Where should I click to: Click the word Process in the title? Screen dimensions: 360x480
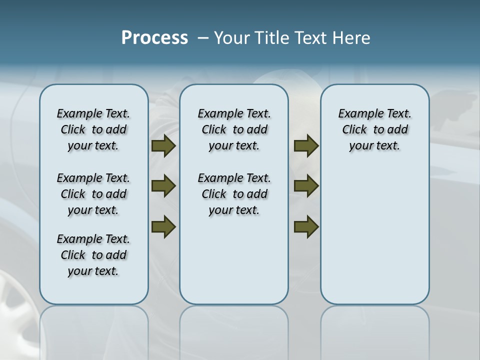(154, 37)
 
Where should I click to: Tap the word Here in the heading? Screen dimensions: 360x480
(352, 38)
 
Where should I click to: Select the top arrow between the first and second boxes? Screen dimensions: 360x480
(163, 145)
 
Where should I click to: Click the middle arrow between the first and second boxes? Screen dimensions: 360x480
(163, 186)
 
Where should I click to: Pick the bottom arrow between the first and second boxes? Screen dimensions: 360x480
(163, 226)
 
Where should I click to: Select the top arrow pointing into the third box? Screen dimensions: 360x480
(306, 145)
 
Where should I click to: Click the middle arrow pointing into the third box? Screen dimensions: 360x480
(306, 186)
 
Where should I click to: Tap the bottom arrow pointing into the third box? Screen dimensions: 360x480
(306, 226)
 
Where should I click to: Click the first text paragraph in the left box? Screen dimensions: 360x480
(93, 129)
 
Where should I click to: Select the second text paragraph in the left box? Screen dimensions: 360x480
(93, 194)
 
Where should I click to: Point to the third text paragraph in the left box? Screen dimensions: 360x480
(93, 255)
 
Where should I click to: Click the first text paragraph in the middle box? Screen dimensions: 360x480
(234, 129)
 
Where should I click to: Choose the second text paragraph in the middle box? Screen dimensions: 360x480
(234, 194)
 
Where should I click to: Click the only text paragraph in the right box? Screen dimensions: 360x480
(374, 129)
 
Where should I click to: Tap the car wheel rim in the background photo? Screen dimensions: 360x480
(15, 300)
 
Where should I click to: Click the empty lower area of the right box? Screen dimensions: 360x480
(374, 240)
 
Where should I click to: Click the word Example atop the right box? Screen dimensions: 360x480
(357, 114)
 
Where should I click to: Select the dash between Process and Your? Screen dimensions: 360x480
(202, 38)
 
